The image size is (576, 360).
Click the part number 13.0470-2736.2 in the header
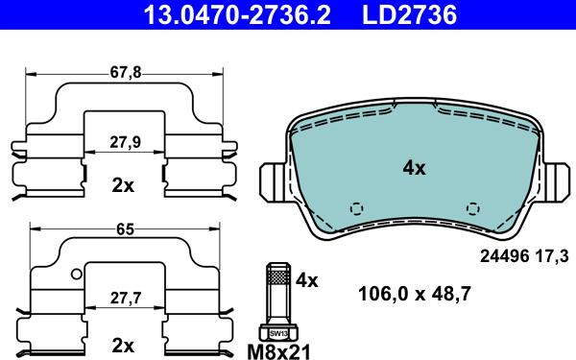coord(237,14)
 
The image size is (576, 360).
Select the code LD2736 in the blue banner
coord(410,14)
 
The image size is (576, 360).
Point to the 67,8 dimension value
coord(126,72)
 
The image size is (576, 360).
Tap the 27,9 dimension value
coord(125,142)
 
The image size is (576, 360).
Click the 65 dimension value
coord(125,229)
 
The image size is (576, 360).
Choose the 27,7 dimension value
coord(126,299)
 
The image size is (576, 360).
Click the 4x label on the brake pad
coord(414,168)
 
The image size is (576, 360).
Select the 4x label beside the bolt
coord(307,281)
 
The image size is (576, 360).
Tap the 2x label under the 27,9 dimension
coord(123,186)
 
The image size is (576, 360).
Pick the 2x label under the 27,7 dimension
coord(123,346)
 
